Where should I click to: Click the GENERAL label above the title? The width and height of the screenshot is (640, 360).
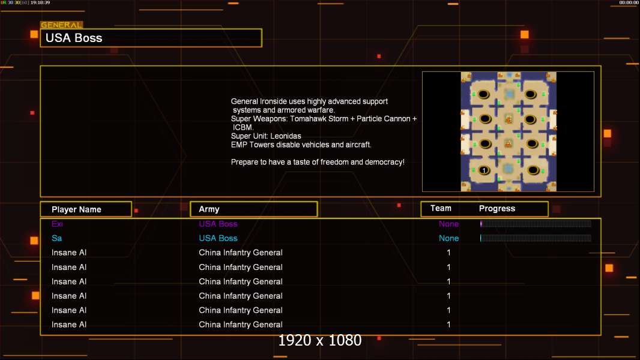pos(61,25)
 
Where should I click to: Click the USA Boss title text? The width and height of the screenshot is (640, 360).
pos(74,38)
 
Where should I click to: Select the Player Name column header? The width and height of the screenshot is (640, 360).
pos(76,209)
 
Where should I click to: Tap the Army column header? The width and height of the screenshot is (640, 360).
pos(209,209)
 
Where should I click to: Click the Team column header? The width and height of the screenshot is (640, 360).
pos(441,208)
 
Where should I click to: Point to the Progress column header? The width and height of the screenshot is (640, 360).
pos(497,209)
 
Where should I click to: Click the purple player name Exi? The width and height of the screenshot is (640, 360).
pos(57,224)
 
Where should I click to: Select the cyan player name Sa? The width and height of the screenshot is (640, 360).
pos(56,238)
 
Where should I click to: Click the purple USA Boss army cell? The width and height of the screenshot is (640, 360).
pos(218,224)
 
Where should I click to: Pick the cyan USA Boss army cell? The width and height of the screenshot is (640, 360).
pos(218,238)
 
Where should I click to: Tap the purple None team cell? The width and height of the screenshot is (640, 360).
pos(448,224)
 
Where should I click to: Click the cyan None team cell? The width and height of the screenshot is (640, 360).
pos(448,238)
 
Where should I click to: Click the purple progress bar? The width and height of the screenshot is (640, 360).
pos(536,223)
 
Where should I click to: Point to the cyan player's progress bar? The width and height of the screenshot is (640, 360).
pos(536,238)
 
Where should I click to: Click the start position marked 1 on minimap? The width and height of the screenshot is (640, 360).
pos(484,170)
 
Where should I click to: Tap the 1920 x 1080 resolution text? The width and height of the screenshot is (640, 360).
pos(319,340)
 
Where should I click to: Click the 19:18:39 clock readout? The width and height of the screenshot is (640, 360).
pos(40,2)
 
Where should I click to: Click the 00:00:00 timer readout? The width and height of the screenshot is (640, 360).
pos(629,2)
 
